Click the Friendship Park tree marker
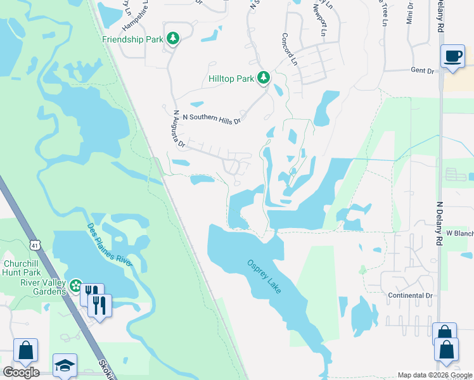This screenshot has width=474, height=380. coord(173,39)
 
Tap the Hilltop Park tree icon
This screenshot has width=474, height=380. coord(264,79)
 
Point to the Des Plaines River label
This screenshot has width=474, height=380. coord(109,243)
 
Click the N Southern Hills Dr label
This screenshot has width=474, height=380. coord(212,118)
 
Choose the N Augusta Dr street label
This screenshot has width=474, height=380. coord(178,130)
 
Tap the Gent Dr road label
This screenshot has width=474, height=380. coord(421,71)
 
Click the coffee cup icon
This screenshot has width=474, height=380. coord(453,57)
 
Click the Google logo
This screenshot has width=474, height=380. coord(21,372)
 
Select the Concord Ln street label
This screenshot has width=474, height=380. coord(290,49)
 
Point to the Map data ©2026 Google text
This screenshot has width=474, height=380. coord(435,375)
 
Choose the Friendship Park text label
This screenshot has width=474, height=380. coord(132,39)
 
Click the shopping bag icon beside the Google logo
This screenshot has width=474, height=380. coord(26,350)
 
